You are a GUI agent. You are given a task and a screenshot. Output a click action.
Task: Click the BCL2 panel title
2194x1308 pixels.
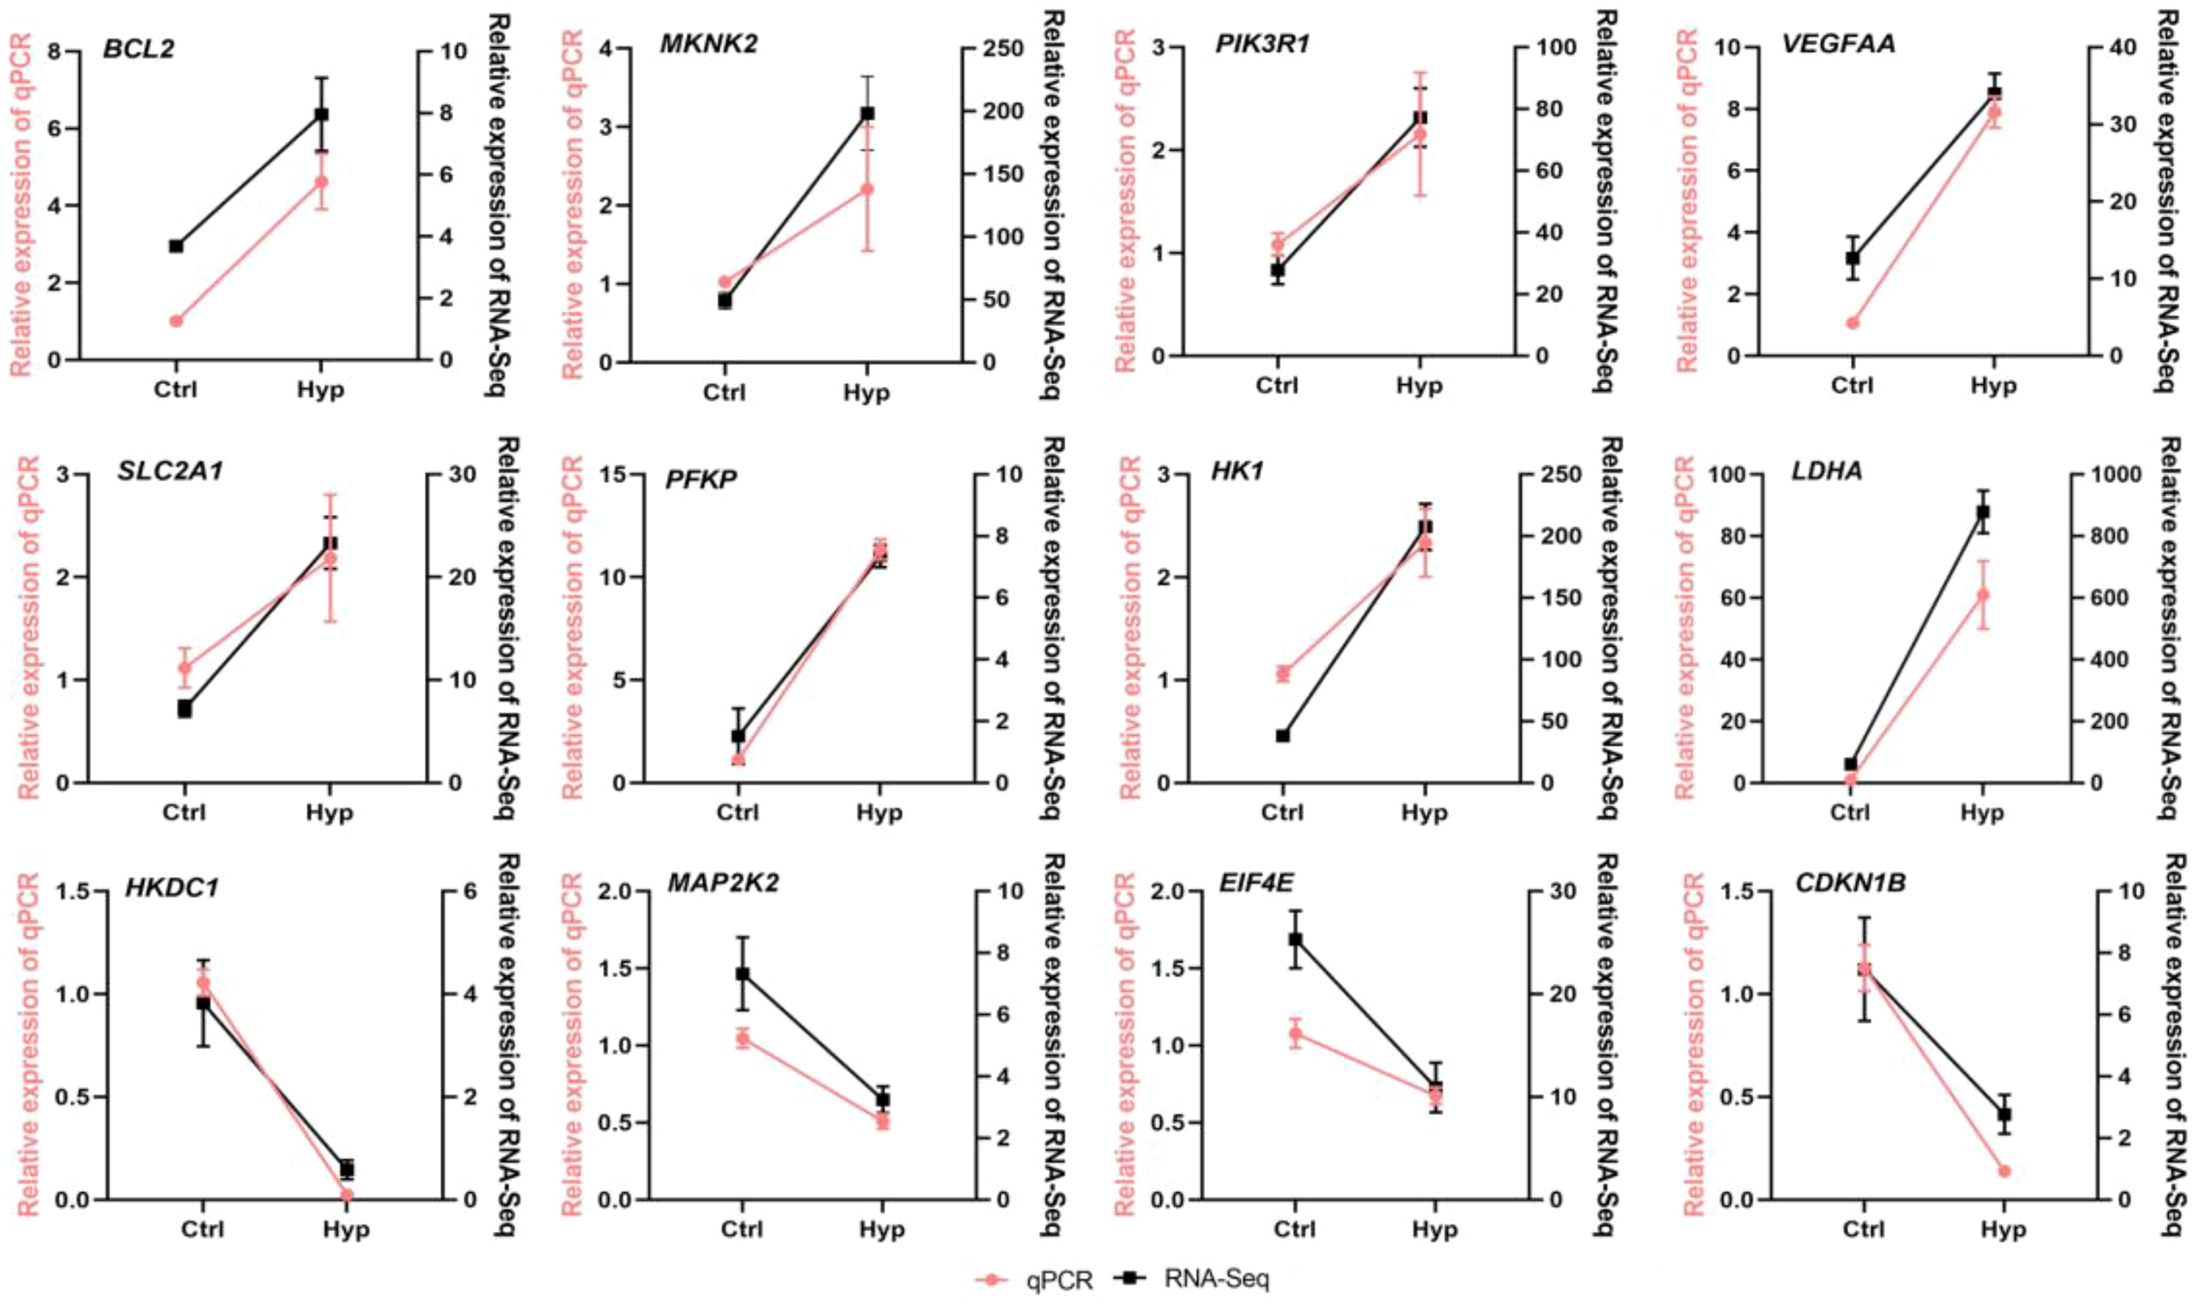(x=139, y=47)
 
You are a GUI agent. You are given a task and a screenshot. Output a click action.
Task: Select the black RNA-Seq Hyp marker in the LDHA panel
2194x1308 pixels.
(x=1982, y=512)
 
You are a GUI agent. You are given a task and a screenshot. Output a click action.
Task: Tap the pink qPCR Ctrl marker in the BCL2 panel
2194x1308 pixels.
(x=176, y=321)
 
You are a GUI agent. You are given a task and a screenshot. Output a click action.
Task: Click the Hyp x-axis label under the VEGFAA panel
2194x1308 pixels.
(x=1994, y=386)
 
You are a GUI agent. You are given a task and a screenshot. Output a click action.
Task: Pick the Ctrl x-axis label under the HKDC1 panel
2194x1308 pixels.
(x=203, y=1229)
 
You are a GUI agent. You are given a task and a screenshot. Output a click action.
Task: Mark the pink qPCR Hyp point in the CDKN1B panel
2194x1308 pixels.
(x=2004, y=1171)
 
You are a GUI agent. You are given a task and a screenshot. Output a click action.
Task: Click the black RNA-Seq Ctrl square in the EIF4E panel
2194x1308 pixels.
(x=1294, y=940)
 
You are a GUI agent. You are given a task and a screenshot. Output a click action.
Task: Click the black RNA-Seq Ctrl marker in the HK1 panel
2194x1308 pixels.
(x=1282, y=736)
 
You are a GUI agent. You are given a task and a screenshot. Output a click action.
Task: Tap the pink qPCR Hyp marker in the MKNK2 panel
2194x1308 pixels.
(x=866, y=189)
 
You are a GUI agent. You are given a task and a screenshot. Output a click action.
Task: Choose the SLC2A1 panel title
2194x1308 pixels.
(x=170, y=472)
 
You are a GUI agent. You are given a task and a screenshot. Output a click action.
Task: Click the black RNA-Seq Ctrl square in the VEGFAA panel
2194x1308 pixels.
(x=1853, y=258)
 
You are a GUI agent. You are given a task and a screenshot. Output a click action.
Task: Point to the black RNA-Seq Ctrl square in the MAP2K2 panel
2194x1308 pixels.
(x=742, y=974)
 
